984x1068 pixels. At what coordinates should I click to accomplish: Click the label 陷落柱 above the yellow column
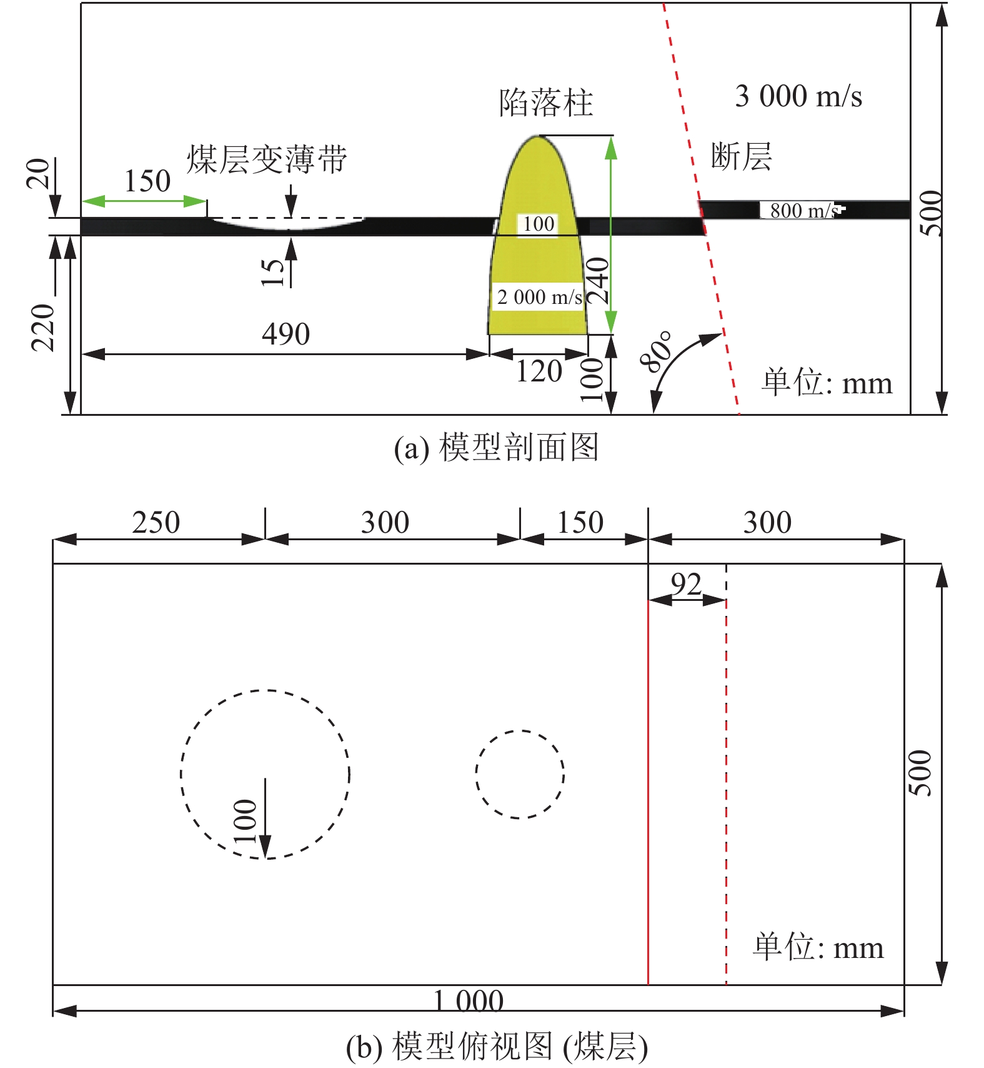click(546, 103)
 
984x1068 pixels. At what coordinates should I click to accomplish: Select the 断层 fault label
click(742, 156)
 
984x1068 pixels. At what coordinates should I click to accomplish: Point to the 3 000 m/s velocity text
click(798, 96)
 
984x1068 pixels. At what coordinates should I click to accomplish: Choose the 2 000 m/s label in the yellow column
click(540, 296)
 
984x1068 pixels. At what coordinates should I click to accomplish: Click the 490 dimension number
click(286, 334)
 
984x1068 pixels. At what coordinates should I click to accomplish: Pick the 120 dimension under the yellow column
click(539, 371)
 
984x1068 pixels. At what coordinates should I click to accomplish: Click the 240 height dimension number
click(598, 281)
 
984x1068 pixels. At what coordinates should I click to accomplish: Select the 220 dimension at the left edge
click(43, 328)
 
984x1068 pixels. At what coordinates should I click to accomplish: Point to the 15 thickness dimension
click(272, 273)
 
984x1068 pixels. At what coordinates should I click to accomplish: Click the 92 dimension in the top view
click(686, 585)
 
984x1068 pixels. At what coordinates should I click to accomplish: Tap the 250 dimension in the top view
click(156, 522)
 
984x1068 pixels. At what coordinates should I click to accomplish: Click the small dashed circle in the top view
click(520, 774)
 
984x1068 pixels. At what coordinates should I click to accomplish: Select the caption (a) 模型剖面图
click(496, 448)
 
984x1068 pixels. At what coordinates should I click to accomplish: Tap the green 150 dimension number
click(147, 181)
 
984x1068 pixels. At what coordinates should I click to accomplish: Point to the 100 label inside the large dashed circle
click(245, 821)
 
